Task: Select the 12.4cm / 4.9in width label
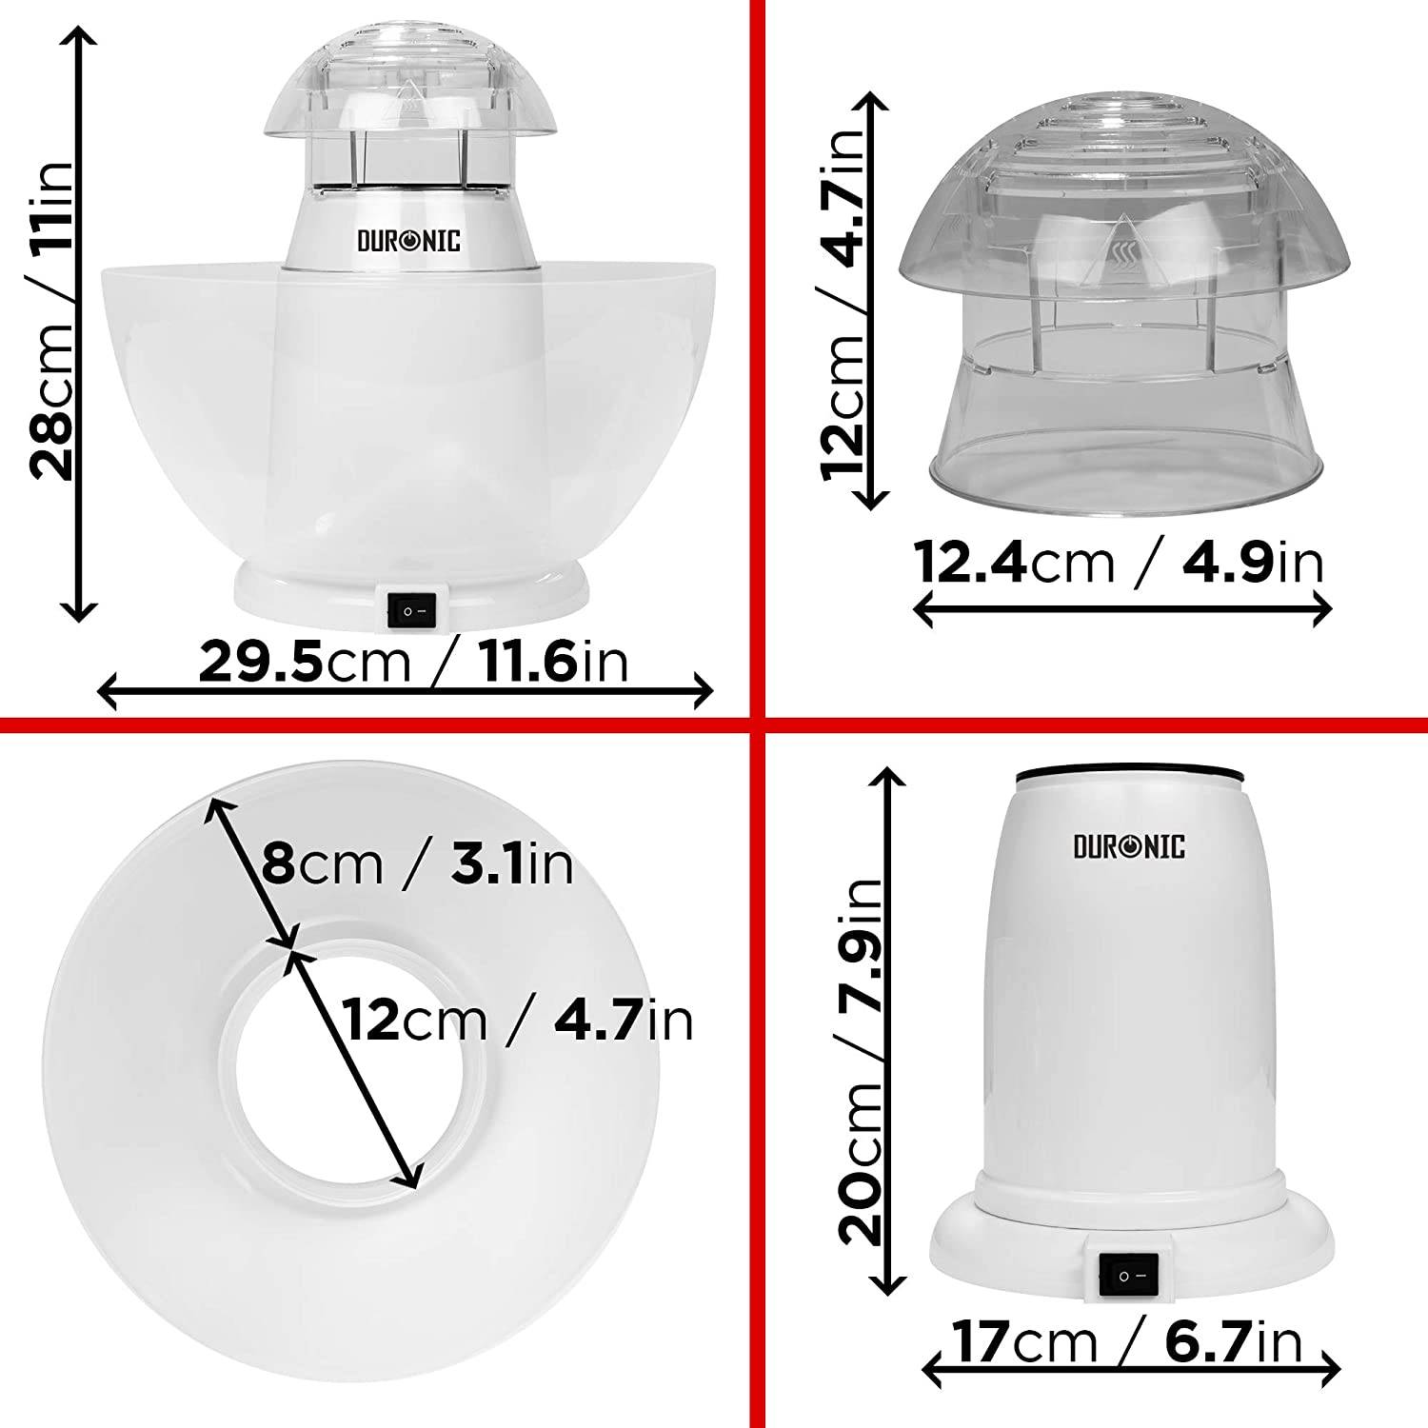(x=1120, y=563)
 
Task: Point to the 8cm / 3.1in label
(x=417, y=864)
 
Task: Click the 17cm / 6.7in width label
(x=1128, y=1342)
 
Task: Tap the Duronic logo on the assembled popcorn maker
(x=408, y=241)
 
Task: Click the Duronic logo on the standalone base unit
(x=1129, y=846)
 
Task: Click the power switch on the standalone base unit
(x=1128, y=1275)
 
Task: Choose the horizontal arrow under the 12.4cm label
(x=1121, y=609)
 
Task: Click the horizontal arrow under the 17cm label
(x=1131, y=1372)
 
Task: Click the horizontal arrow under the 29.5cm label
(x=406, y=691)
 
